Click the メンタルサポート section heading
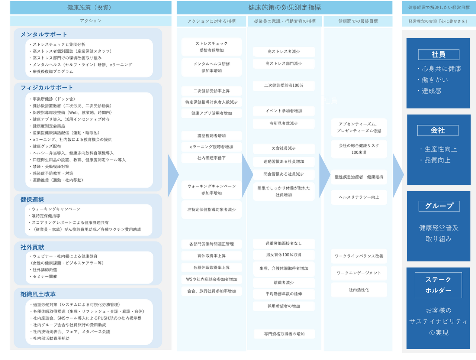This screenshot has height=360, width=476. (44, 34)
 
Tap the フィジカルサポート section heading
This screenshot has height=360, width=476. (47, 88)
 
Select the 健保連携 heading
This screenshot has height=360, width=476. (32, 200)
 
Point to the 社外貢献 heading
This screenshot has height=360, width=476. (32, 247)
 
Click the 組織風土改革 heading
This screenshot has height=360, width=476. (38, 294)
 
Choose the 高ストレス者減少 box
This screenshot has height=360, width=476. (284, 52)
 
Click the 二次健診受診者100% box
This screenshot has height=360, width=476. (284, 85)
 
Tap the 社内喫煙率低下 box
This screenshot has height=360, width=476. (212, 158)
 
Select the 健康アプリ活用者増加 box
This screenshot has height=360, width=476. (212, 113)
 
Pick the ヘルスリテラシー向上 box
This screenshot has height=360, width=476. (359, 197)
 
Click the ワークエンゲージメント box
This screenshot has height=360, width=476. (359, 273)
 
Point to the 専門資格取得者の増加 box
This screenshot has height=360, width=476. (284, 334)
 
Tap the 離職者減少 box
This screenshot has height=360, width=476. (284, 283)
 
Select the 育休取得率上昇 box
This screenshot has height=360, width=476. (212, 256)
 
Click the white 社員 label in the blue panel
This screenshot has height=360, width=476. (438, 55)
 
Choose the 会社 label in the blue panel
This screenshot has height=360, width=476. (438, 130)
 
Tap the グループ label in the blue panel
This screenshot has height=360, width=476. (439, 206)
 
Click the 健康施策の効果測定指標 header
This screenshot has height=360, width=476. (284, 7)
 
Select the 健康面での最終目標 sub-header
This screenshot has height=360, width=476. (358, 21)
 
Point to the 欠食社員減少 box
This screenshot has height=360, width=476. (284, 148)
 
